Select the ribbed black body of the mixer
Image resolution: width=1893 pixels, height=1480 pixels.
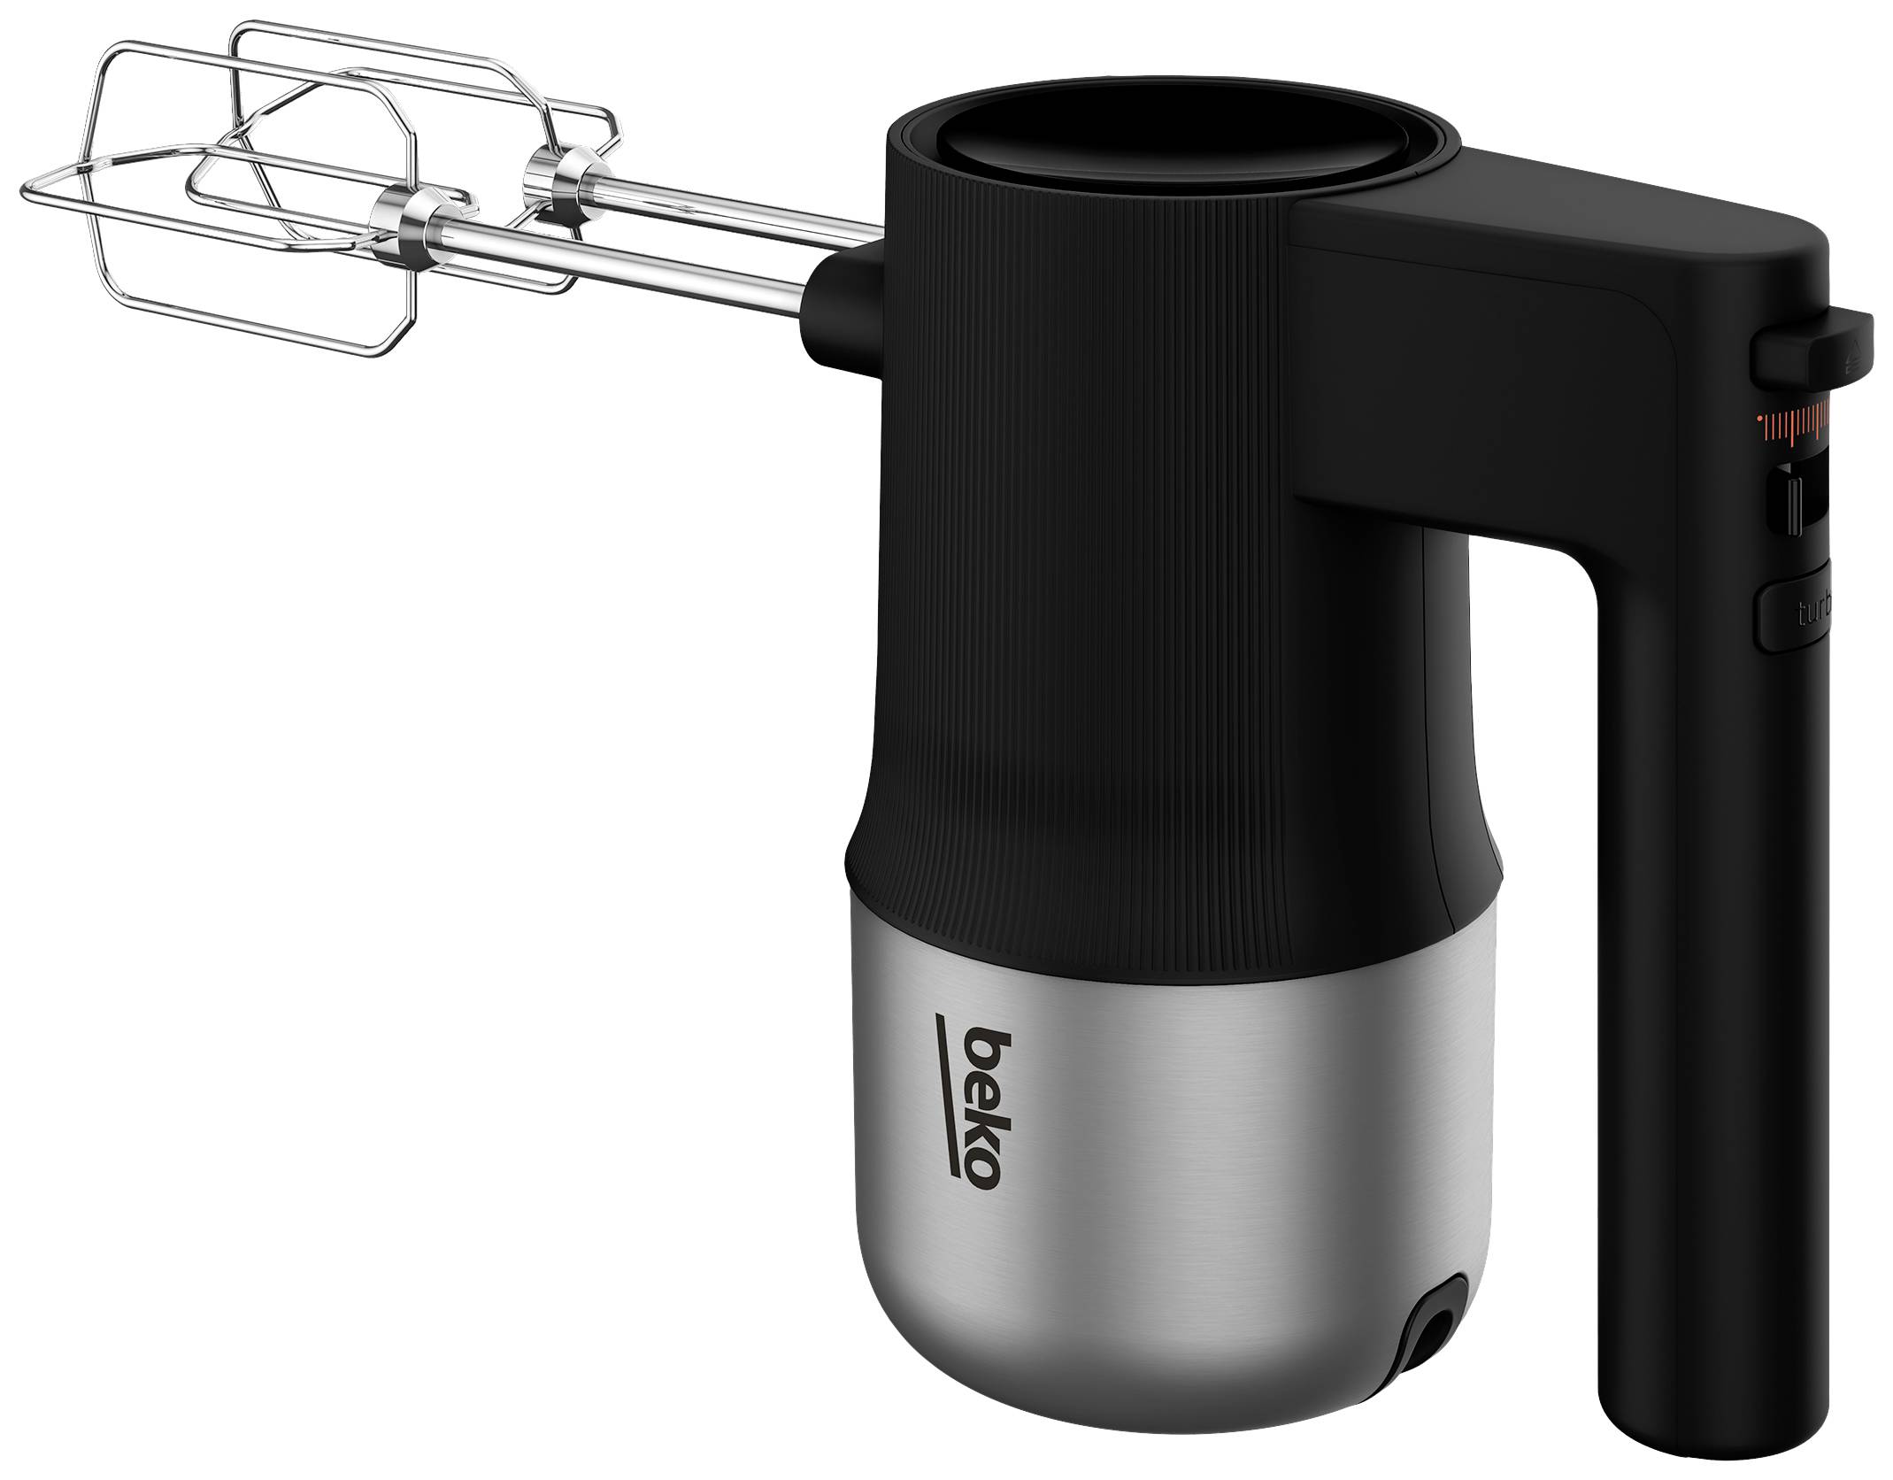click(x=1106, y=531)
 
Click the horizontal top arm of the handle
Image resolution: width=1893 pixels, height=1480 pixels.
click(x=1549, y=239)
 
